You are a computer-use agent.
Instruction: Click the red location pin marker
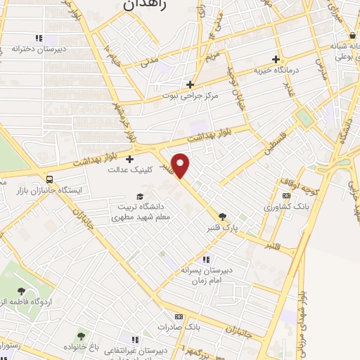click(x=181, y=165)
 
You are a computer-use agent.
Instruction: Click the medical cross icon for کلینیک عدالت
click(x=129, y=160)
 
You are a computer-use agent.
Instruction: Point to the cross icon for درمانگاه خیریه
click(x=276, y=59)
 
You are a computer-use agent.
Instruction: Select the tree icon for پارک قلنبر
click(x=223, y=217)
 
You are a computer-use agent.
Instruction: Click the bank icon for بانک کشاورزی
click(x=286, y=196)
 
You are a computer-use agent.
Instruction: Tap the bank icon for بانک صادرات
click(x=179, y=316)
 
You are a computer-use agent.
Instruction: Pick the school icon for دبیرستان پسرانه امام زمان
click(x=206, y=259)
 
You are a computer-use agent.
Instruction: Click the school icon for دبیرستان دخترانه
click(x=39, y=38)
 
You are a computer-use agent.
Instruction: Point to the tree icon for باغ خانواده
click(x=81, y=337)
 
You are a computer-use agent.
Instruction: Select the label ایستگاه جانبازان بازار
click(x=50, y=191)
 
